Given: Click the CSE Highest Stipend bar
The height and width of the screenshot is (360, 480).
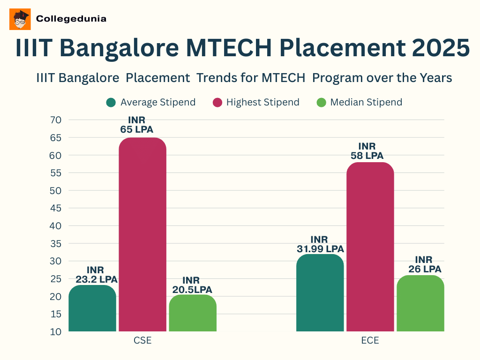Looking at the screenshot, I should click(142, 234).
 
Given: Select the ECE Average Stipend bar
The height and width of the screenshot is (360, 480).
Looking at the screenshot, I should click(320, 293).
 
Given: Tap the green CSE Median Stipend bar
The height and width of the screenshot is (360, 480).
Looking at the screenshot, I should click(193, 313).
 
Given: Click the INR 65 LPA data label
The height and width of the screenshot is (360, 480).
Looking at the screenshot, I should click(137, 125).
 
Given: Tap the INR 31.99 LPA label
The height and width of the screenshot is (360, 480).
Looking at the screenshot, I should click(320, 244).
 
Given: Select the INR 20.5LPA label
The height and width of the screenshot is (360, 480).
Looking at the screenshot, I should click(192, 285).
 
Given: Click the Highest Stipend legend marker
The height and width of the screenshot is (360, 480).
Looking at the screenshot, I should click(217, 102).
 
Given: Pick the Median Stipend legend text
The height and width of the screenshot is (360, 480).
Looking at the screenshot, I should click(366, 102).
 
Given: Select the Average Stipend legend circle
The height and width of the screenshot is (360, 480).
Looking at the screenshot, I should click(111, 102).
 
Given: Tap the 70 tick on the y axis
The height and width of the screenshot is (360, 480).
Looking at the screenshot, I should click(55, 120).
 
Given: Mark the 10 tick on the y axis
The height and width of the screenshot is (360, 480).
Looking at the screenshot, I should click(55, 332).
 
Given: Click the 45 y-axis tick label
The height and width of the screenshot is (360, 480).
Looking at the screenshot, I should click(55, 208).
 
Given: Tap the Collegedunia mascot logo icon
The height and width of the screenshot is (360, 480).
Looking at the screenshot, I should click(20, 19).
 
